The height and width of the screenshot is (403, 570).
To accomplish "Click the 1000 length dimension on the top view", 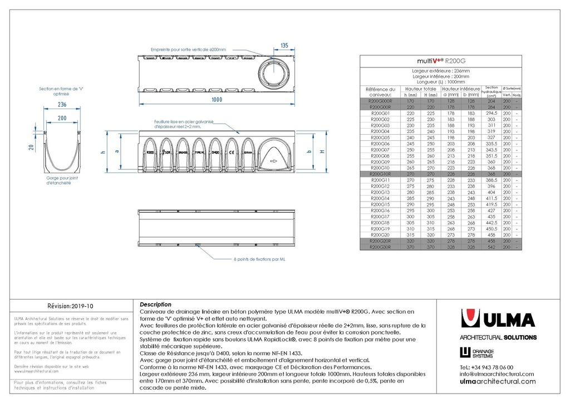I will pos(217,100).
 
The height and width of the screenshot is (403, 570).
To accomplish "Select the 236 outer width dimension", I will pos(61,104).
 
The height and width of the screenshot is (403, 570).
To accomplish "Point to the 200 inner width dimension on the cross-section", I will pos(61,118).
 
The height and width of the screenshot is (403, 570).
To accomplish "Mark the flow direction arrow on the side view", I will pos(273,161).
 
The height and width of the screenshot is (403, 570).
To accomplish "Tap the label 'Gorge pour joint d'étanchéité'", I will pos(61,180).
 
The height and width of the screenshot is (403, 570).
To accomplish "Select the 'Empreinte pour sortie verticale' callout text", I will pos(189,50).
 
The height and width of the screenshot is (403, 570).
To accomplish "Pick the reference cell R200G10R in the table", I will pos(380,174).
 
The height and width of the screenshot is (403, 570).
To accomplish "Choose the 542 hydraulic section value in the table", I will pos(492,247).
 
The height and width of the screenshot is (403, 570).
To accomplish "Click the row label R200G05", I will pos(380,137).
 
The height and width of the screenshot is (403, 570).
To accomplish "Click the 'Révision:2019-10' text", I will pos(71,306).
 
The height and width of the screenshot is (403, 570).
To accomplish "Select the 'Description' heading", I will pos(155,305).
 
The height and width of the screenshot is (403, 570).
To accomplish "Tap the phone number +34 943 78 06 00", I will pos(487,367).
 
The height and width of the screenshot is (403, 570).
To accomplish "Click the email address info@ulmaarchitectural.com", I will pos(497,374).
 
